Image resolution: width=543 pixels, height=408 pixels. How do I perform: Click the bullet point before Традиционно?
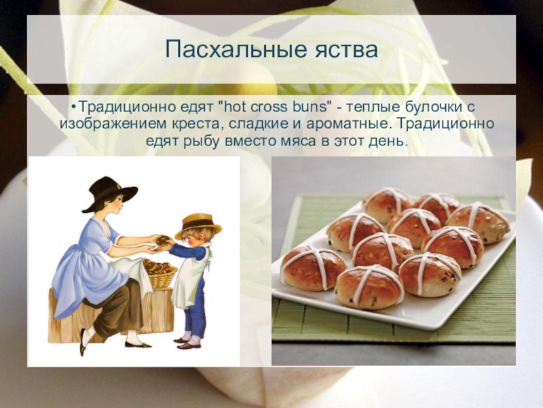click(x=73, y=107)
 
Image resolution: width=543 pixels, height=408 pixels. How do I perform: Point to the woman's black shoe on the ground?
click(x=138, y=344)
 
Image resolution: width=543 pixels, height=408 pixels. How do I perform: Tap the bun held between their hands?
click(x=164, y=240)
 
